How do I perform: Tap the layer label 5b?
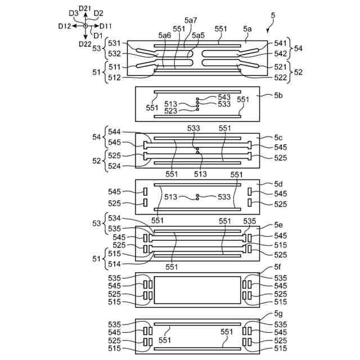tap(278, 96)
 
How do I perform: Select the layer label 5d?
tap(278, 184)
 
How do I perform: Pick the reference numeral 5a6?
tap(165, 35)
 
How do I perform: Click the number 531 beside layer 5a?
tap(114, 43)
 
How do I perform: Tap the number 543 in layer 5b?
tap(224, 97)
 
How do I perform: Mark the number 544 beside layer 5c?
tap(114, 132)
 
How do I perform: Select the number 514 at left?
tap(114, 263)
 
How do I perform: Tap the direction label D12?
tap(64, 26)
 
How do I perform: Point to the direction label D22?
tap(85, 44)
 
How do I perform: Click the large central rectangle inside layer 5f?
tap(197, 290)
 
